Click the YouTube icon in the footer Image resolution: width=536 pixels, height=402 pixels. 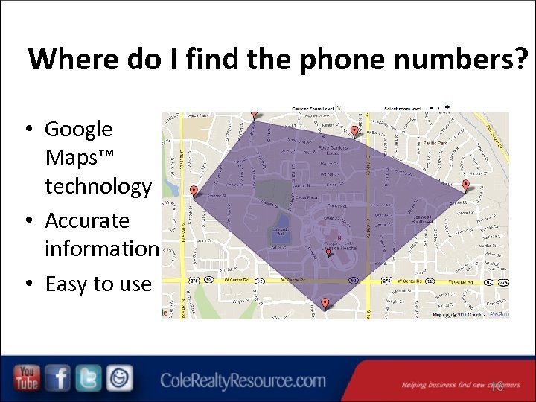27,378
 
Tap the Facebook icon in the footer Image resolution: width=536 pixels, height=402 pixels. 59,378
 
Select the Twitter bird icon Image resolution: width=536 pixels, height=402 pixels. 89,378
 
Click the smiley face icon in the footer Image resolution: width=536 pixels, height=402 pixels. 119,378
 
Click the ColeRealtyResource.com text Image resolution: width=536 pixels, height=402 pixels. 243,381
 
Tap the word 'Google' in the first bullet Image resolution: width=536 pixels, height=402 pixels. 78,129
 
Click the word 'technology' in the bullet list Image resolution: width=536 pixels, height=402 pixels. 98,186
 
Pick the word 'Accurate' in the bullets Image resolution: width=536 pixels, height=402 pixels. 87,220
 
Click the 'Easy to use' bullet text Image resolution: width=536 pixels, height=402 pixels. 98,284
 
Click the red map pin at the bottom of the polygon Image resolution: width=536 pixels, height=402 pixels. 325,302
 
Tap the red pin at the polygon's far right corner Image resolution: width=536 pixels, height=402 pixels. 466,185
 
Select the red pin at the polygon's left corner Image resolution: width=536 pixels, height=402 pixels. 194,191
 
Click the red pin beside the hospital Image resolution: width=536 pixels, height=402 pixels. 328,252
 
